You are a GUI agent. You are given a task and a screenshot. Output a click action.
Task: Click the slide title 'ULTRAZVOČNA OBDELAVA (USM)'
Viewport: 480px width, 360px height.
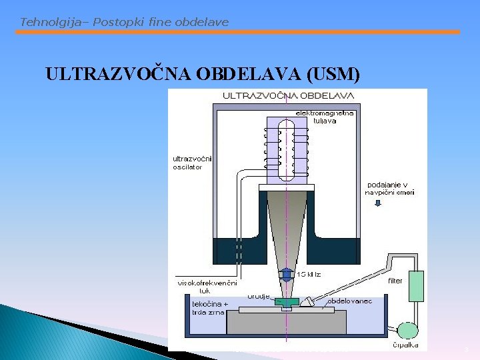tap(203, 74)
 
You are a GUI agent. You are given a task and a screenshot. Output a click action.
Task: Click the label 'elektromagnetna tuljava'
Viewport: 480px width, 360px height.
tap(325, 117)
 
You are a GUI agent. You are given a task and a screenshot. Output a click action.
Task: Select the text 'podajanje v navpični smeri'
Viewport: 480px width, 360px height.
tap(390, 188)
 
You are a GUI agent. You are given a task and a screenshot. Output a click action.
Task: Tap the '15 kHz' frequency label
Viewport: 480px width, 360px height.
tap(309, 273)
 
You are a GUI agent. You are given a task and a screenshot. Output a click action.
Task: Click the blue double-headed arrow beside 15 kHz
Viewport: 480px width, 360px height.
tap(286, 274)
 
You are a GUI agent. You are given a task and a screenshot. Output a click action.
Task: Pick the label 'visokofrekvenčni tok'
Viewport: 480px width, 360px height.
tap(207, 287)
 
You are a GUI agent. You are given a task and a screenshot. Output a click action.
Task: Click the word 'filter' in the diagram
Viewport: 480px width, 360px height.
tap(395, 281)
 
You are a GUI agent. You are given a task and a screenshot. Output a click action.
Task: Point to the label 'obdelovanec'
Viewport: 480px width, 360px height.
tap(349, 301)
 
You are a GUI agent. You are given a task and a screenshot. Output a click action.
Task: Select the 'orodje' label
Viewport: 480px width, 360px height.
tap(259, 295)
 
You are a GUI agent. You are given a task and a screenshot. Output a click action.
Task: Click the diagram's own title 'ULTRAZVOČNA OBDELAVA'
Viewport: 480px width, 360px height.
tap(288, 95)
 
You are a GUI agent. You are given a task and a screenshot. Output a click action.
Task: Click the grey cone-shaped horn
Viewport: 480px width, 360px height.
tap(286, 227)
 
